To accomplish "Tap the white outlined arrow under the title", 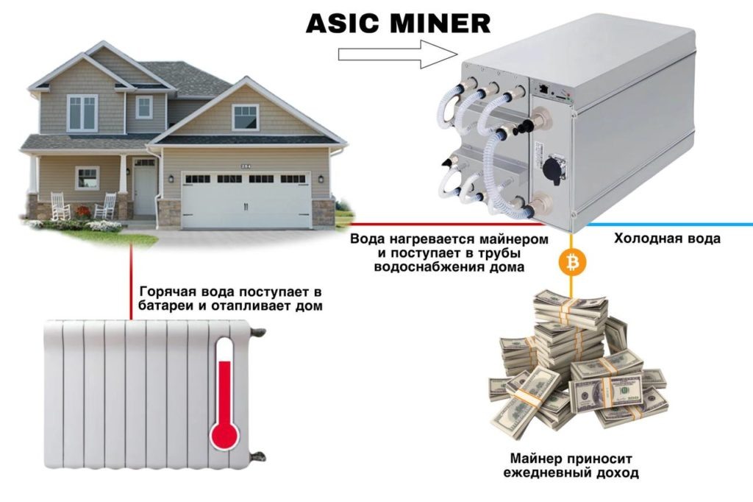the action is [398, 54].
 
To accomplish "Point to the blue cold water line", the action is [669, 225].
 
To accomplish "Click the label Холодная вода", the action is [666, 238].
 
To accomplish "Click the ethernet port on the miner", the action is [544, 88].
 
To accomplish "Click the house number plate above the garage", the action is [246, 166].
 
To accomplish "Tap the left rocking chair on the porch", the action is [60, 206].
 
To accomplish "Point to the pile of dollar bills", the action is [578, 364].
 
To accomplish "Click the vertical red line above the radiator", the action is [131, 281].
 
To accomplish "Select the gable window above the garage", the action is [246, 117].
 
